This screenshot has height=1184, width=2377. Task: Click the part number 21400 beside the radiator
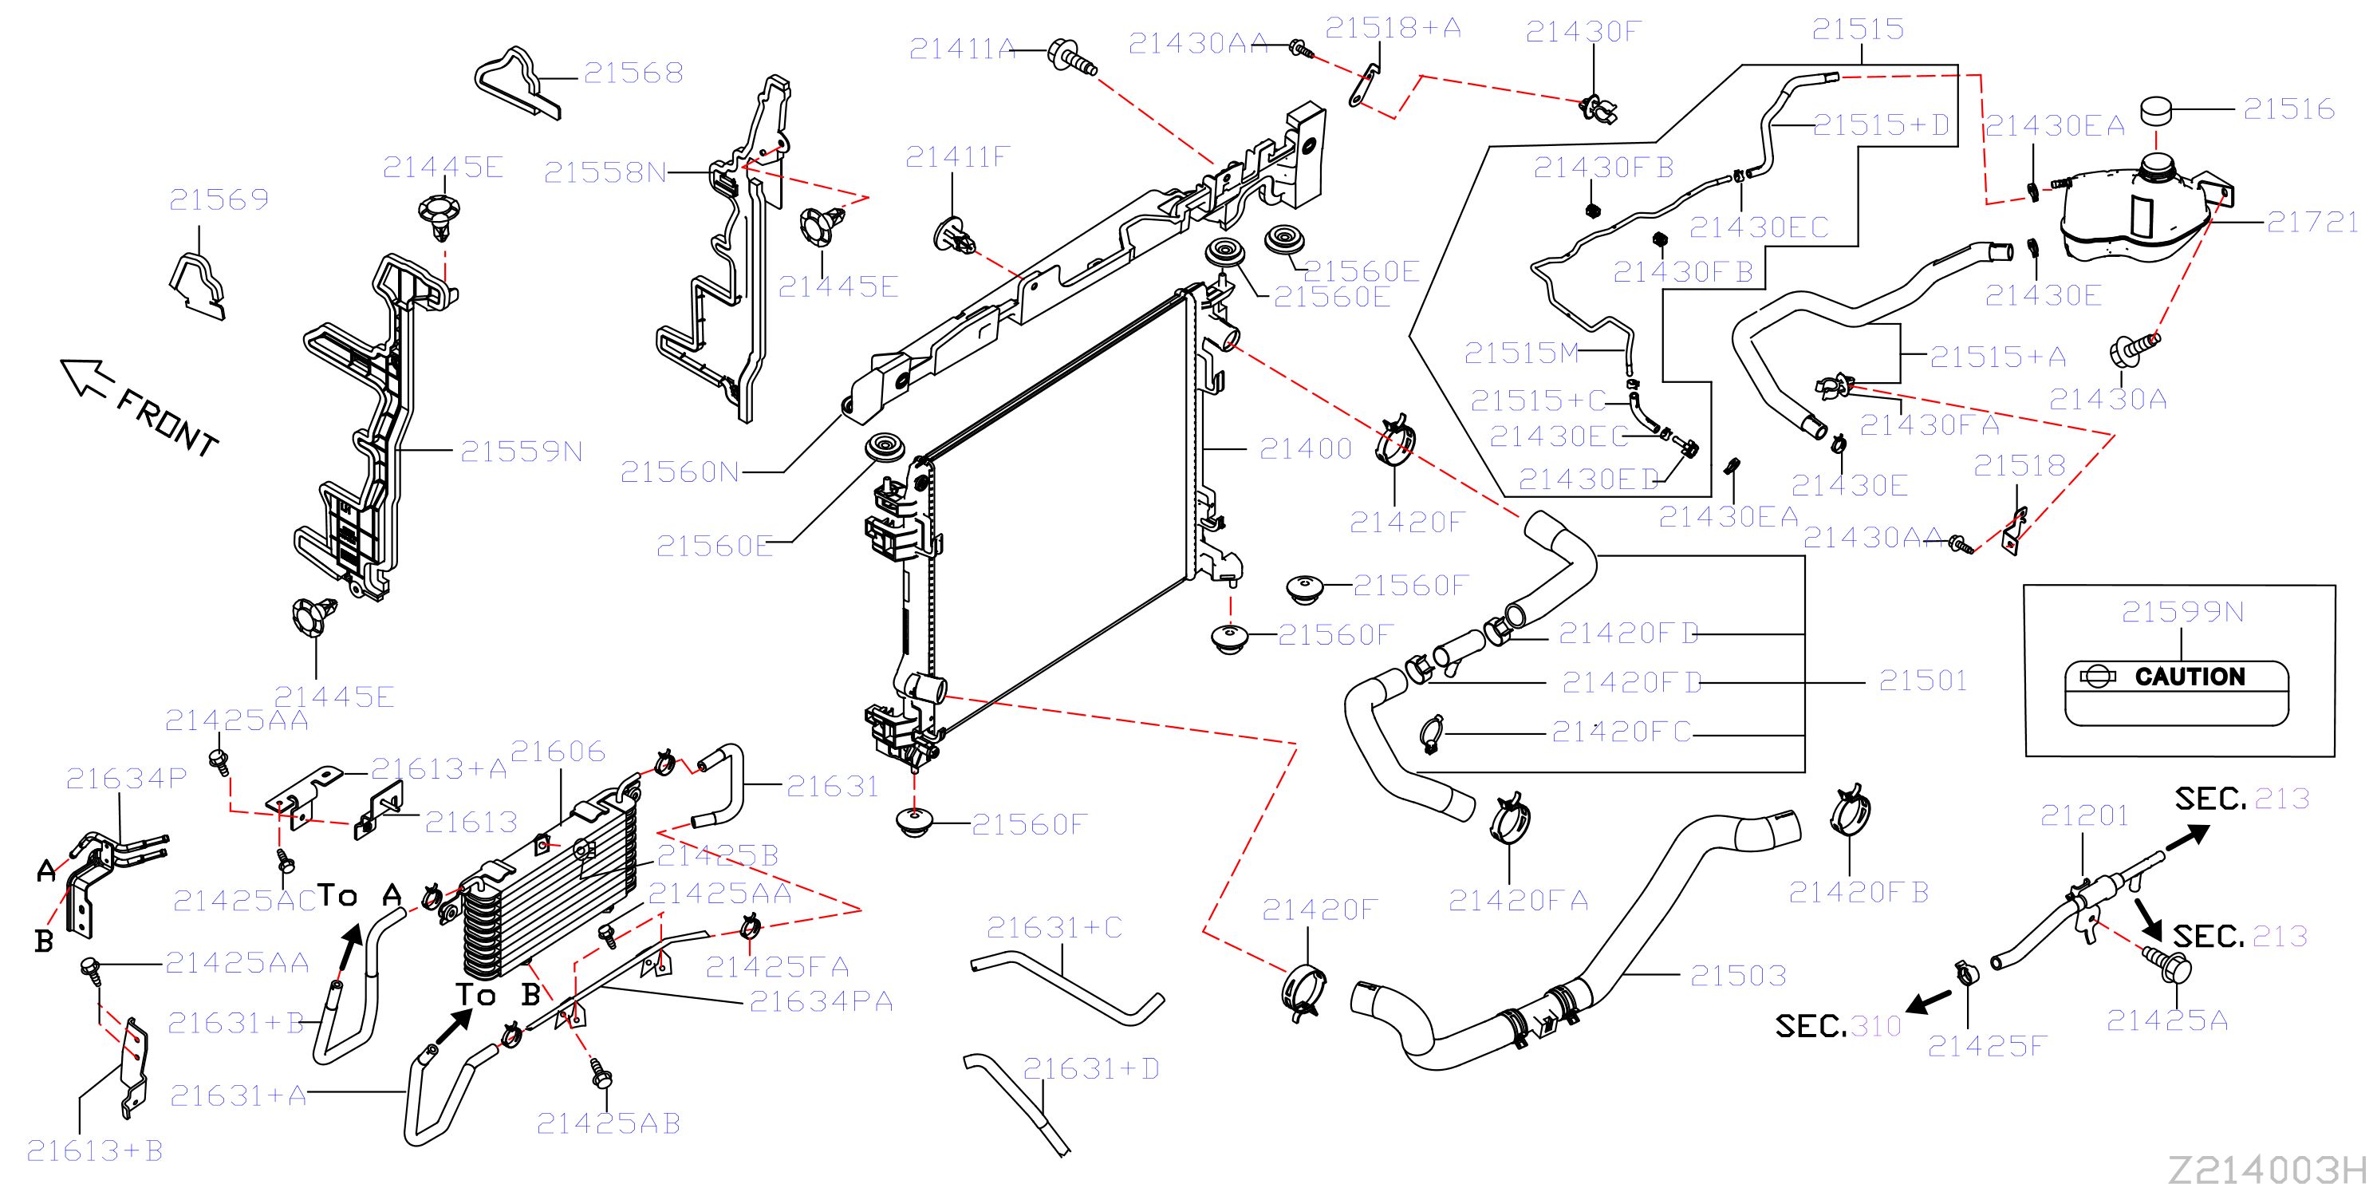[x=1305, y=448]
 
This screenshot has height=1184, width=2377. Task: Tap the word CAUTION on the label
[x=2190, y=677]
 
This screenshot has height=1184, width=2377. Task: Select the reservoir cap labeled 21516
[x=2157, y=110]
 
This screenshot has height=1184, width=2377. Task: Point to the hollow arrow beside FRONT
[x=87, y=377]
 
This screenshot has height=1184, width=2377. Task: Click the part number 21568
[x=633, y=73]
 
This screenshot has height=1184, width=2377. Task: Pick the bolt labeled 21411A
[x=1072, y=57]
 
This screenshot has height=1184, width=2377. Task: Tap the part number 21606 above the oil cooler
[x=558, y=752]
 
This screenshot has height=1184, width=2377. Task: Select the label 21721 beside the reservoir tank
[x=2312, y=222]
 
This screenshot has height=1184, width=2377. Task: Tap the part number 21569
[x=219, y=199]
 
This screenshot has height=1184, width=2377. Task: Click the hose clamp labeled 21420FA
[x=1510, y=819]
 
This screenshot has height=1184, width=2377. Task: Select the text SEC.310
[x=1838, y=1025]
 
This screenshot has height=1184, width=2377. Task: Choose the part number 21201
[x=2083, y=815]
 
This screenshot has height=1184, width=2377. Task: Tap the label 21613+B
[x=94, y=1150]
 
